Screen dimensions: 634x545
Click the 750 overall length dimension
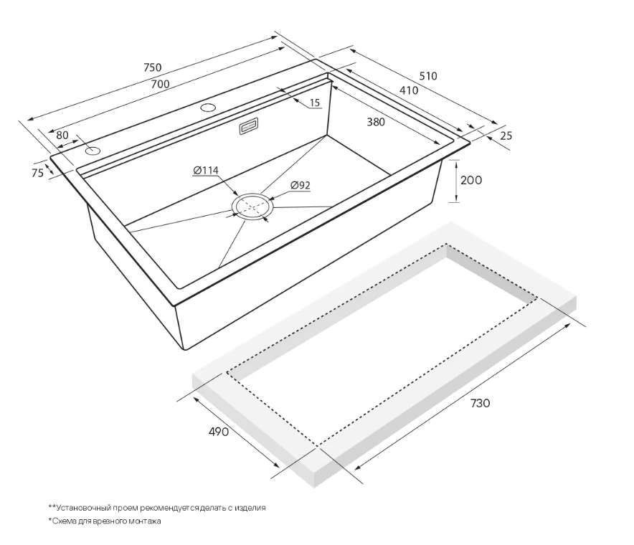tap(153, 67)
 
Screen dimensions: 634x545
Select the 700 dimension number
tap(160, 84)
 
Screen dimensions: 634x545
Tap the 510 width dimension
tap(427, 76)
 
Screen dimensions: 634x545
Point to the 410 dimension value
tap(409, 90)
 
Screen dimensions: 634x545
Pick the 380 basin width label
tap(376, 122)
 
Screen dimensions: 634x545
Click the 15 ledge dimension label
tap(315, 103)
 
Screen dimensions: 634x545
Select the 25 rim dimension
tap(506, 136)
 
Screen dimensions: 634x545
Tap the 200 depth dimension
tap(471, 180)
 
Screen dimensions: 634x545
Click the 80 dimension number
tap(62, 135)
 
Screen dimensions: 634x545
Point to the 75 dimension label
tap(37, 173)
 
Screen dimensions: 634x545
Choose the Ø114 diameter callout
tap(205, 171)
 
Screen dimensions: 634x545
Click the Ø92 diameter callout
tap(300, 185)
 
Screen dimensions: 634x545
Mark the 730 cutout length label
tap(480, 403)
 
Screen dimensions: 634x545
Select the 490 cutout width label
tap(218, 432)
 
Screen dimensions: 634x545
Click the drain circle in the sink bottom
tap(252, 207)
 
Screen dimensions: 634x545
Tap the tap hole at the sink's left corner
tap(93, 151)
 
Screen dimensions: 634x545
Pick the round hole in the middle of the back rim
tap(208, 108)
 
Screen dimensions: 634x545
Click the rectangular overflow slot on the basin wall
tap(249, 126)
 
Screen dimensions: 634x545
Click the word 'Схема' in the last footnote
tap(64, 521)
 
